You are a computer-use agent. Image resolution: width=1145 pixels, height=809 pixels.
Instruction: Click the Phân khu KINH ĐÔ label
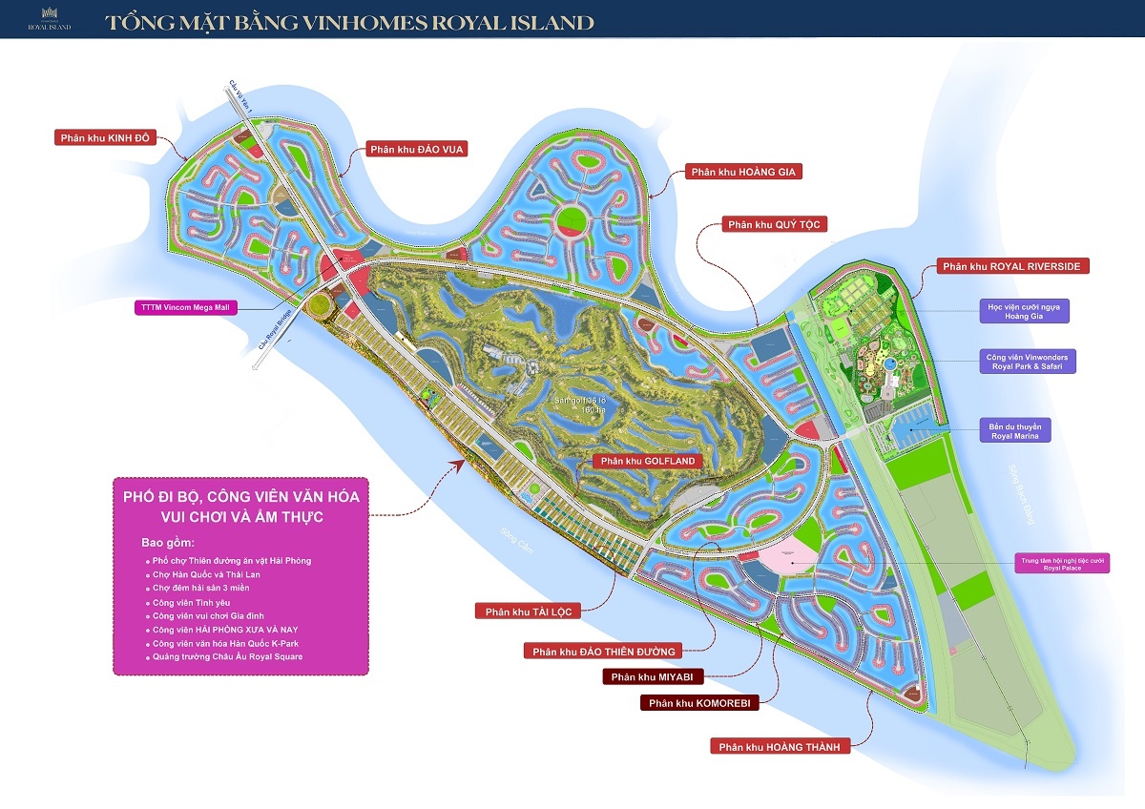(104, 137)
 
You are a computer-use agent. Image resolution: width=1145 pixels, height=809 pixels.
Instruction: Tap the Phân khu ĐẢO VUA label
(416, 149)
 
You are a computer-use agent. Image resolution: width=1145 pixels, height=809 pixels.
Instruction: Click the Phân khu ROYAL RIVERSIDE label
(1010, 266)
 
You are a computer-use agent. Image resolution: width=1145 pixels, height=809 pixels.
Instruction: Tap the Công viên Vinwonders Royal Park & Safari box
(1029, 362)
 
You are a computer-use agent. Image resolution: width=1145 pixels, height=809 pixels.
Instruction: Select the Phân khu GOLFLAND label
(647, 461)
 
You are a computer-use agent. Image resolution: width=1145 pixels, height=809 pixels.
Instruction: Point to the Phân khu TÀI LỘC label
(526, 612)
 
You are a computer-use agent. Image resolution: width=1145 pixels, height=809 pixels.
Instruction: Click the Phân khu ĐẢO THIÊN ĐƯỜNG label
(604, 652)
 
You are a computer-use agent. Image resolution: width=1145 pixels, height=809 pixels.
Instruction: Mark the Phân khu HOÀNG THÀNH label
(780, 747)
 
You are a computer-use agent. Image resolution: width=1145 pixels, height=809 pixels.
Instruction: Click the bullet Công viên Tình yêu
(192, 603)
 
